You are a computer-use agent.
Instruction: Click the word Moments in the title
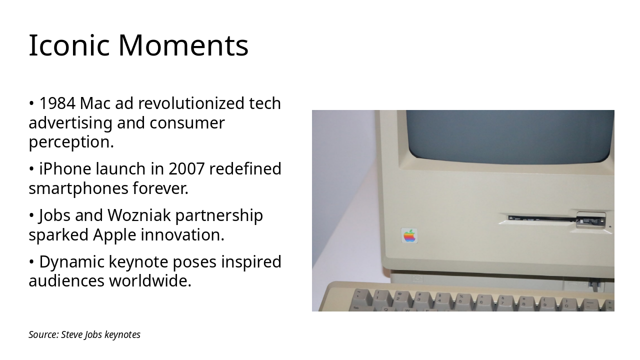(183, 45)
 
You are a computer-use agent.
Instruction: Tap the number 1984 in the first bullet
(57, 103)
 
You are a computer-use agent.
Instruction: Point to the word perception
(71, 142)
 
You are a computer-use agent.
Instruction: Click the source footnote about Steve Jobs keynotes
(84, 334)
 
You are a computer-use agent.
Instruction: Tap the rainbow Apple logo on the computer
(409, 236)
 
